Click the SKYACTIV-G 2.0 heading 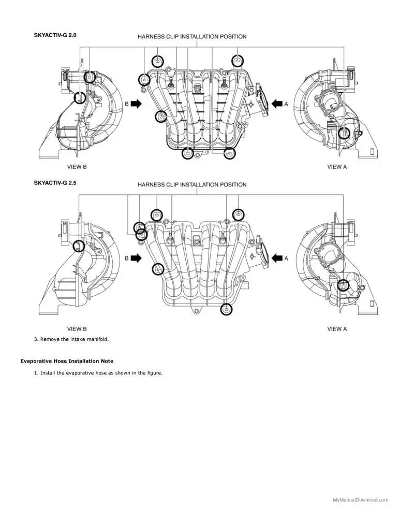[x=56, y=35]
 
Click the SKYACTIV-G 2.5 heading [x=56, y=183]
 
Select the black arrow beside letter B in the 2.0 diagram [x=136, y=104]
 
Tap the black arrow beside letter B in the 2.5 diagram [x=136, y=257]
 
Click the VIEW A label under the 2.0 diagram [x=337, y=167]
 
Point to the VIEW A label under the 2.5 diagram [x=337, y=328]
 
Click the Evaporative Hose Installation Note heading [x=67, y=361]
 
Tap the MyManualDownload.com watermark [x=360, y=500]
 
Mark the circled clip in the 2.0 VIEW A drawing [x=344, y=134]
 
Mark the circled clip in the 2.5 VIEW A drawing [x=343, y=285]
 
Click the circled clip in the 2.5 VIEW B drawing [x=79, y=246]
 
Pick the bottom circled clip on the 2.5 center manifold [x=226, y=309]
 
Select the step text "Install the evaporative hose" [x=101, y=372]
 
